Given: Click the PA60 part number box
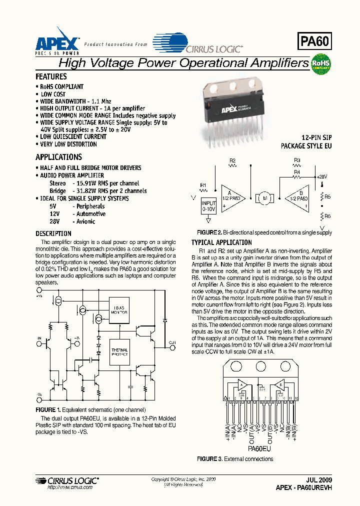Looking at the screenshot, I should click(x=314, y=42).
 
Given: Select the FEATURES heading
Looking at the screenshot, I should click(x=50, y=77).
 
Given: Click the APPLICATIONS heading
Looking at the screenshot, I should click(x=58, y=157).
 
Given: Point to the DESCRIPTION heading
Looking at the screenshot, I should click(x=53, y=233).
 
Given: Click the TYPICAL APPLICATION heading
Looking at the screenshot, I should click(x=221, y=242).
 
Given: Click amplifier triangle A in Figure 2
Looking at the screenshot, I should click(x=232, y=198).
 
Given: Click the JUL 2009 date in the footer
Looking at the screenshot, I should click(x=317, y=479).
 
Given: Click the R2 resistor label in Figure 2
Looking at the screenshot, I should click(x=232, y=160).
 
